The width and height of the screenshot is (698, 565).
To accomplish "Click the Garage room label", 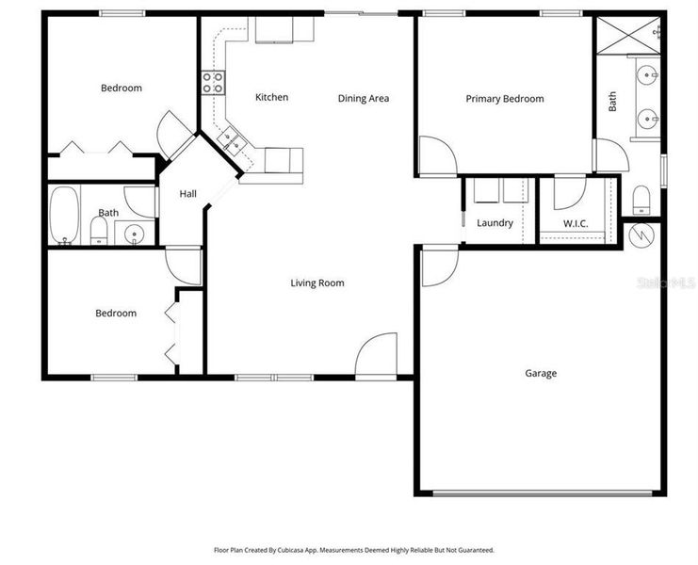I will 541,373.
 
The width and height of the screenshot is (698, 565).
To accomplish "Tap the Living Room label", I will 317,282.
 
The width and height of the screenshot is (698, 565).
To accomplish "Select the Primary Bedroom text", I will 505,99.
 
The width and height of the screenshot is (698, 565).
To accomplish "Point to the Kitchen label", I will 271,97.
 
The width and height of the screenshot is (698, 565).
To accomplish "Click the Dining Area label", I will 364,98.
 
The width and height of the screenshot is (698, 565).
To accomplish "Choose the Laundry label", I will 495,223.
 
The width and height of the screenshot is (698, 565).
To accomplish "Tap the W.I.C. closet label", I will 576,223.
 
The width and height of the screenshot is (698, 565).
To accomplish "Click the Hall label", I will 188,194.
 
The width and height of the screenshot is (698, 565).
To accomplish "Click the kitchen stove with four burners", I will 212,83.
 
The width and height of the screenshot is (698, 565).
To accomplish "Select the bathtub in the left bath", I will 64,216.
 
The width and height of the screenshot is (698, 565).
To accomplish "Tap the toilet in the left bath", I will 99,231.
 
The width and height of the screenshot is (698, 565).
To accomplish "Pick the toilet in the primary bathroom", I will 641,199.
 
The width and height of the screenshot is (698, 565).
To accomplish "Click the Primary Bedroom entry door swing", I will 433,155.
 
